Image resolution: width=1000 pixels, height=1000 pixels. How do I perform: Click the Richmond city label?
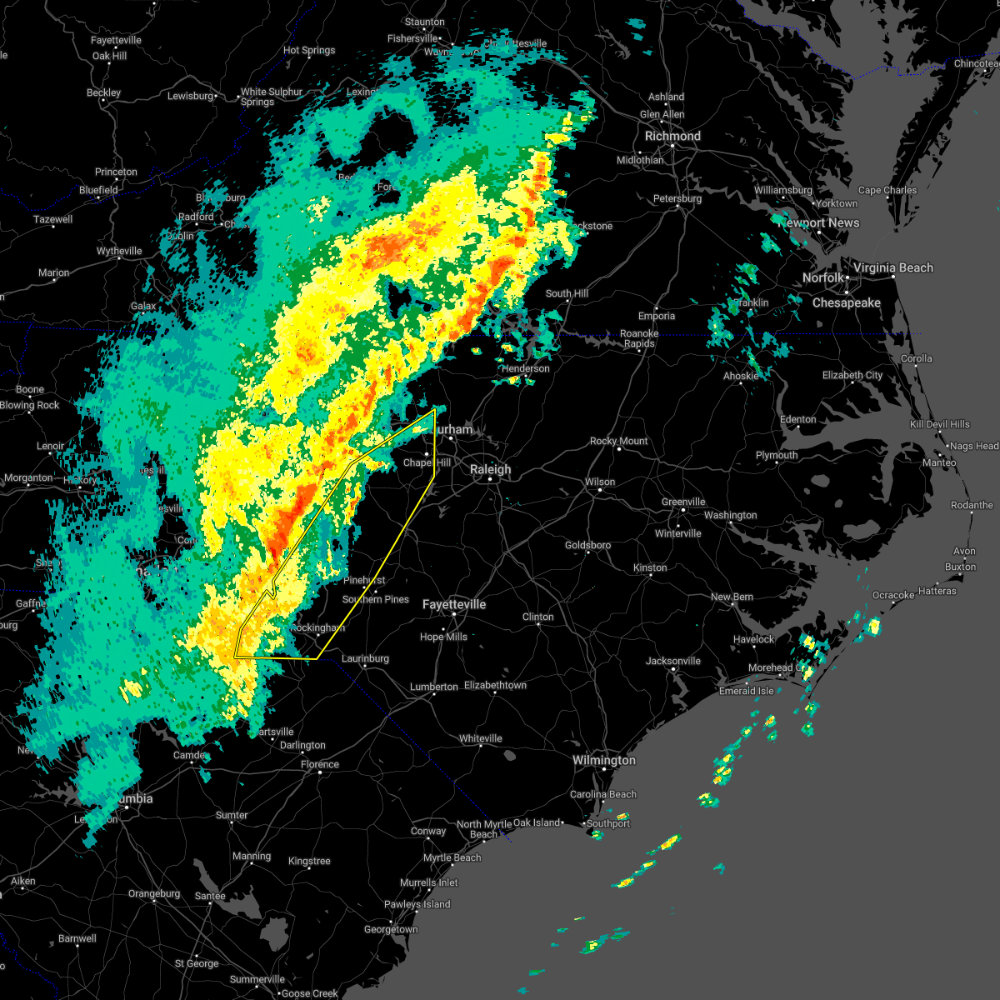coord(672,136)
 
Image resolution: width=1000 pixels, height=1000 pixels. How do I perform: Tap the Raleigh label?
coord(490,469)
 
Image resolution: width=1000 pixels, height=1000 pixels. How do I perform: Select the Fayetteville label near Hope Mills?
coord(454,604)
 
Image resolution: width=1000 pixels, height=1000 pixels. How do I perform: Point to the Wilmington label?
coord(603,760)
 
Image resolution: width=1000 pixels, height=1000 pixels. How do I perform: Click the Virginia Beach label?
coord(892,267)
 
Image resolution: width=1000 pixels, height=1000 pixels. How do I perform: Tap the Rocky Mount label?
coord(618,441)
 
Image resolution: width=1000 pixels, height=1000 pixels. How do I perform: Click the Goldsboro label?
coord(587,545)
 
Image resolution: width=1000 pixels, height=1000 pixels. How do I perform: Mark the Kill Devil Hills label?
coord(939,424)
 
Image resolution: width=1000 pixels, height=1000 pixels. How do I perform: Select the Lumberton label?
coord(433,687)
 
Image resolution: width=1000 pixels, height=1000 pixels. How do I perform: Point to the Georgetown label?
coord(390,929)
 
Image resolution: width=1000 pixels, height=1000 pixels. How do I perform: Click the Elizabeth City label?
coord(852,375)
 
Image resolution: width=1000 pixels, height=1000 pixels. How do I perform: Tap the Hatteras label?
coord(937,591)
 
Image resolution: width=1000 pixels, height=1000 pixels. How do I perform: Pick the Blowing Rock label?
coord(30,405)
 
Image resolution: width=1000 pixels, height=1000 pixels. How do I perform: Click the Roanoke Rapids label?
coord(639,338)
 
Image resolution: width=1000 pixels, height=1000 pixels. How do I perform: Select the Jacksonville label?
coord(672,661)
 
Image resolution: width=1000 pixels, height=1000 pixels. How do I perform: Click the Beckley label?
coord(103,92)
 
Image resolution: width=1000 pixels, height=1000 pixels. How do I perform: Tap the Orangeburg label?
coord(154,894)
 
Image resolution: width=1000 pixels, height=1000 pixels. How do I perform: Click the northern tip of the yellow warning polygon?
coord(434,409)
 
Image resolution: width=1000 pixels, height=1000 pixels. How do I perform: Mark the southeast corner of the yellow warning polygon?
coord(316,658)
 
